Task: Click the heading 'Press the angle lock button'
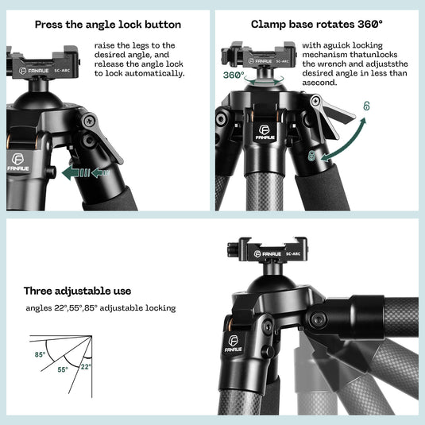107,25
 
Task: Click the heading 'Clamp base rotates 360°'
307,24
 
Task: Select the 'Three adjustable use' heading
77,291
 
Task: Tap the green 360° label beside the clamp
234,75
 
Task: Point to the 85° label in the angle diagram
40,355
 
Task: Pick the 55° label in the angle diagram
62,369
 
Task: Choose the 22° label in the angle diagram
85,367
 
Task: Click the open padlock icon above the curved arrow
366,105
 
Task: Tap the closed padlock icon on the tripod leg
312,155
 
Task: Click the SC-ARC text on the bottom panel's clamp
291,253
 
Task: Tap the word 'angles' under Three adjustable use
38,308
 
